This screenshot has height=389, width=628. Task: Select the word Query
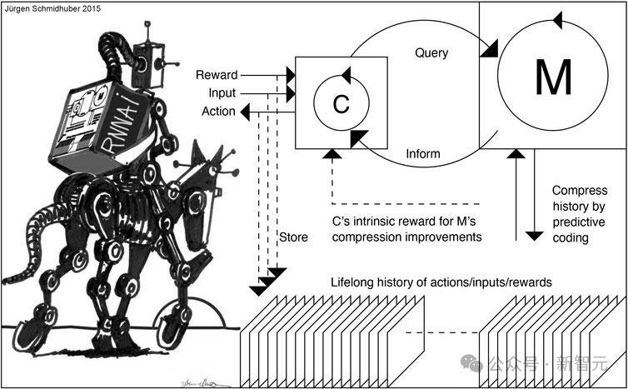[431, 52]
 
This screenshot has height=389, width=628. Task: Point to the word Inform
[423, 154]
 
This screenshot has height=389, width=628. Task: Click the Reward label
[217, 75]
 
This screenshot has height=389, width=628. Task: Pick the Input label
[222, 94]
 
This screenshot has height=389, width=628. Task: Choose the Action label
[219, 112]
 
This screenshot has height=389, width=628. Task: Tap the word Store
[293, 237]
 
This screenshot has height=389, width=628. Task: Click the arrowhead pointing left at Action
[246, 112]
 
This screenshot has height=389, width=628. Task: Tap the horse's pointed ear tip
[197, 142]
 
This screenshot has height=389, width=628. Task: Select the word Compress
[580, 191]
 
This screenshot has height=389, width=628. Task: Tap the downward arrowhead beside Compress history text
[534, 236]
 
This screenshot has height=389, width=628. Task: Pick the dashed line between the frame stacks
[442, 333]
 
